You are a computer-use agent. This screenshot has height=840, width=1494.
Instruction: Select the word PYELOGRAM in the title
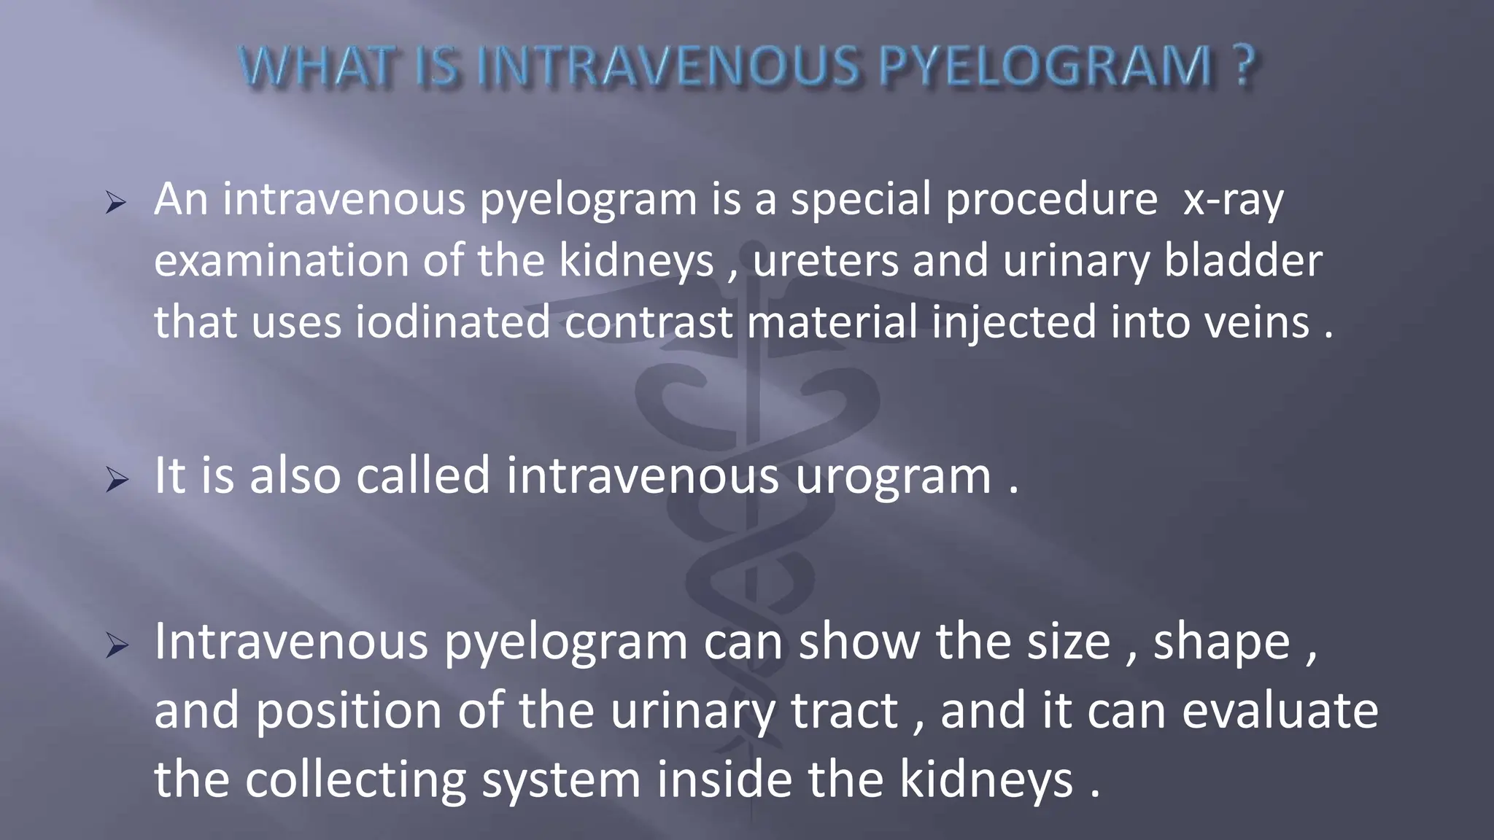(1046, 67)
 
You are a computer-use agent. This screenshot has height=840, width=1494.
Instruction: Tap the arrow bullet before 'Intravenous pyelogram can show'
(116, 645)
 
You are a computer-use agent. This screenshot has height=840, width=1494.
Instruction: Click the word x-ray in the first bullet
(1233, 200)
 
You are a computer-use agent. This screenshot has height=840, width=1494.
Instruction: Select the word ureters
(825, 261)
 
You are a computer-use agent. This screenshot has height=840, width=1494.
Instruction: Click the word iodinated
(452, 322)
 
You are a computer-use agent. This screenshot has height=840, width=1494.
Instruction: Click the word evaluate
(1280, 712)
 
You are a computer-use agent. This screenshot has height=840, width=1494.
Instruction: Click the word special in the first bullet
(861, 200)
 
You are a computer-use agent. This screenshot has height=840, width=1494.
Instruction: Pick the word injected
(1014, 322)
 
